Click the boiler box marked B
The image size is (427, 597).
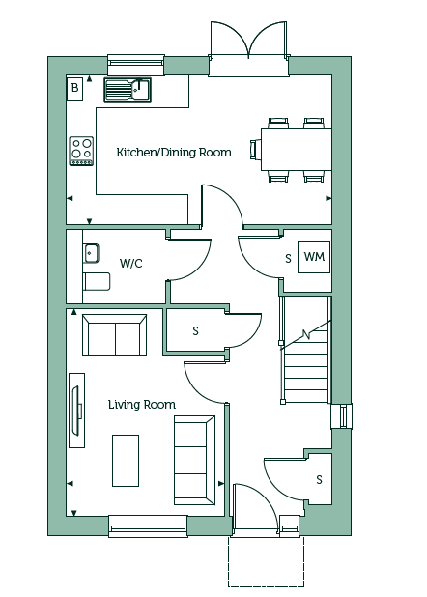74,89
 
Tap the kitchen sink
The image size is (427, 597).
128,90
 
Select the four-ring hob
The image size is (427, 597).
81,151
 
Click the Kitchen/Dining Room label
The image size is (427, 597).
174,153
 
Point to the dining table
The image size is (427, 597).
296,150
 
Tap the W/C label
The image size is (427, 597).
131,263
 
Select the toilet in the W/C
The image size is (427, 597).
97,281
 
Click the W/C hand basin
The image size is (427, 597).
91,253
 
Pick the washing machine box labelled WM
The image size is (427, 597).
314,257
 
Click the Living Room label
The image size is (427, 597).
142,405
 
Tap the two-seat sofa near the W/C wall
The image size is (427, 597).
115,335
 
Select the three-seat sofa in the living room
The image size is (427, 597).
194,461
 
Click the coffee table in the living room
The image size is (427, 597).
126,461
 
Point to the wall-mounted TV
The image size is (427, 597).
76,411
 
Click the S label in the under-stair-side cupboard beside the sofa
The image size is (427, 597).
195,331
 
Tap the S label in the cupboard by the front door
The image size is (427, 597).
319,480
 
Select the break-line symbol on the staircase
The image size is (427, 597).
306,335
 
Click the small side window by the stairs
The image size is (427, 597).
342,415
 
